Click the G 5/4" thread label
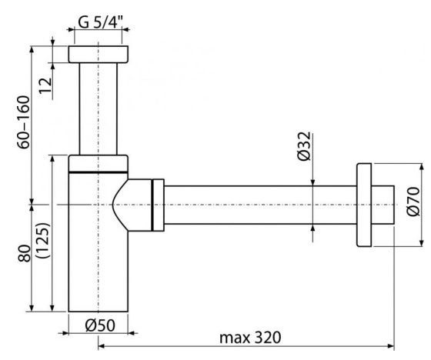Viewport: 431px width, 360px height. pos(100,22)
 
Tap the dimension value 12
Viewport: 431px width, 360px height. pos(45,85)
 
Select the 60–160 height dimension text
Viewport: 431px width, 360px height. pos(23,122)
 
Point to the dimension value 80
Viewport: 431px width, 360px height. pos(25,253)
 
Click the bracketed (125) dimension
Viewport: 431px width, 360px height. pos(43,240)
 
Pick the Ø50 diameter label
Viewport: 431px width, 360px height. pos(100,325)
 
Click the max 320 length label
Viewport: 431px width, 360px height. pos(250,337)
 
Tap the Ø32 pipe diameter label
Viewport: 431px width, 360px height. pos(304,146)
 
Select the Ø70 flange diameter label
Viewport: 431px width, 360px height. pos(413,202)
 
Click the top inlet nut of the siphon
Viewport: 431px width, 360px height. pos(99,54)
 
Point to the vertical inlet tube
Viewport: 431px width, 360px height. pos(99,108)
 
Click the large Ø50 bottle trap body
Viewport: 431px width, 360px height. pos(99,242)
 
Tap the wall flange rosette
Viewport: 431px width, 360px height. pos(364,205)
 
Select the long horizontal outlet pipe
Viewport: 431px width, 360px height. pos(260,205)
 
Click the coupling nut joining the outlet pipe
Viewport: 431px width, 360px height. pos(158,205)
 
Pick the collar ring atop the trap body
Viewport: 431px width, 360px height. pos(99,164)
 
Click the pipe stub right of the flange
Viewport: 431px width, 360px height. pos(383,205)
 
